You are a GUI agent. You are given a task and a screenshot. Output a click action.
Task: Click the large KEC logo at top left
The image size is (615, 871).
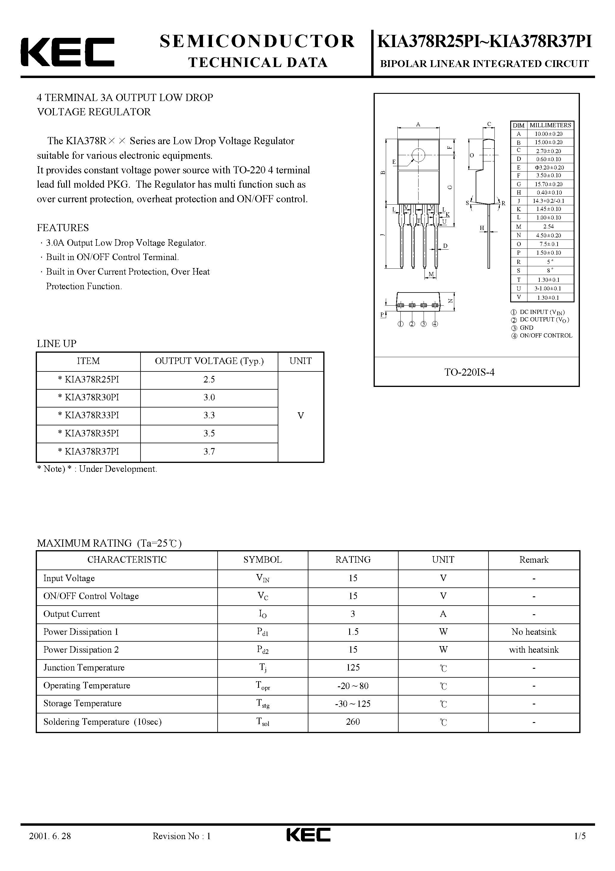click(x=68, y=52)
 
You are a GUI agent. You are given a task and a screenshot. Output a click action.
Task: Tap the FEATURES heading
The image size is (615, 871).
click(x=63, y=228)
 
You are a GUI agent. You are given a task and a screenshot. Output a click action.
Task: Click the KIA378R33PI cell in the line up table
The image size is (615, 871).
click(x=88, y=416)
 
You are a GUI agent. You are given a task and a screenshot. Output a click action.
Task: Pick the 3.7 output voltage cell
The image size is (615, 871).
click(x=209, y=451)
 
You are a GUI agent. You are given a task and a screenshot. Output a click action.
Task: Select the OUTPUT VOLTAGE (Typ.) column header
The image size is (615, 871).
click(x=209, y=361)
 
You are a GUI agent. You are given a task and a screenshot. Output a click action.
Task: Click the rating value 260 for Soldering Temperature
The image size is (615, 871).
click(x=353, y=721)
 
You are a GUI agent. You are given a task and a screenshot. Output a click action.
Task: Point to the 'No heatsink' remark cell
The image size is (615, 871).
click(x=533, y=632)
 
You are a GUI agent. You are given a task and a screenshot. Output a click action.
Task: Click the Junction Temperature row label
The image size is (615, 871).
click(x=84, y=667)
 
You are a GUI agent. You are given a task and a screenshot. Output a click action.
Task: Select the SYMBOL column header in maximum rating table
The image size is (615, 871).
click(x=262, y=559)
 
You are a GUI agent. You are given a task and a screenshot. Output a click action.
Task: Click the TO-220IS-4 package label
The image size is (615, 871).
click(x=469, y=372)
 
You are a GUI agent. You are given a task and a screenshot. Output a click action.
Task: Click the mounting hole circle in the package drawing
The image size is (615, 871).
click(x=418, y=155)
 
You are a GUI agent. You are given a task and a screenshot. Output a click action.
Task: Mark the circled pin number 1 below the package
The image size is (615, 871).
click(x=400, y=324)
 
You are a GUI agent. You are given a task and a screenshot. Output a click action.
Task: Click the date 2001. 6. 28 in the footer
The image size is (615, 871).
click(x=50, y=846)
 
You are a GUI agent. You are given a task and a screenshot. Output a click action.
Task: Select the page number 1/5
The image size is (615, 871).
click(x=580, y=846)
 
